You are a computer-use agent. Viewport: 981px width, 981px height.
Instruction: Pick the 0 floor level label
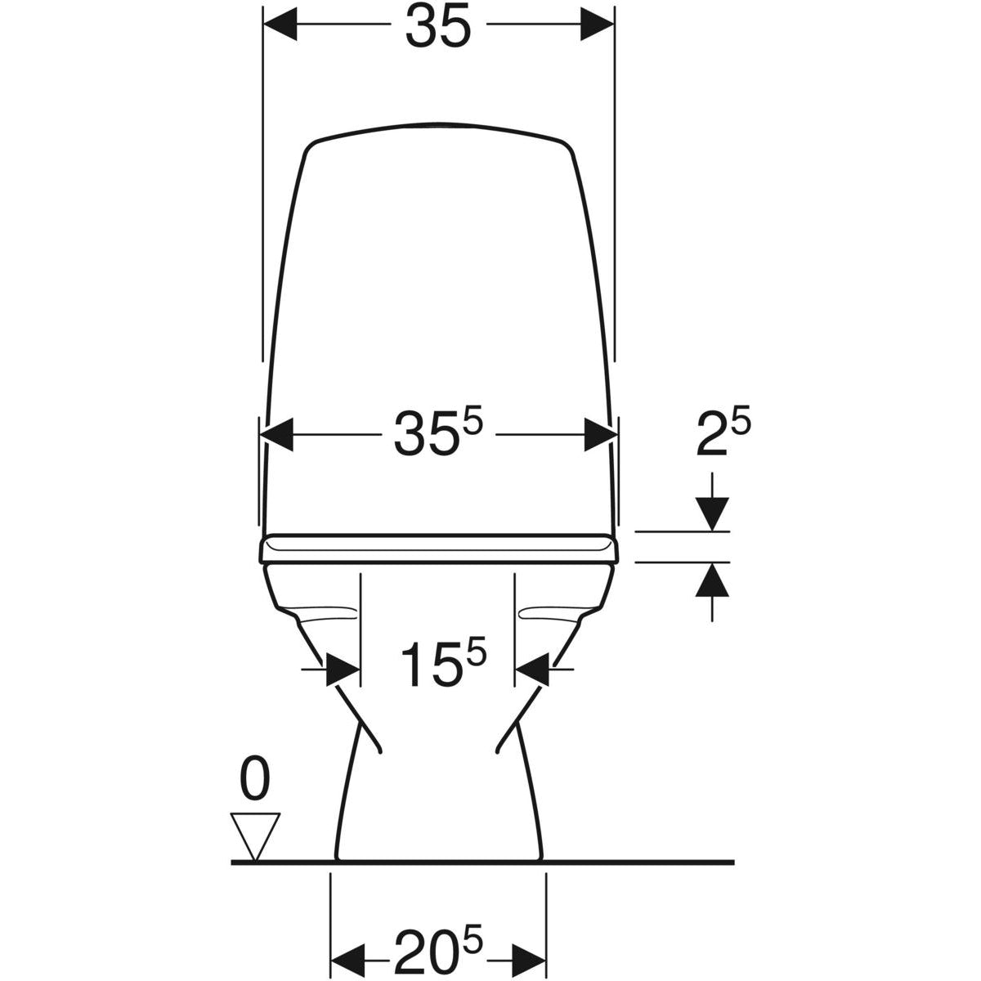coord(254,780)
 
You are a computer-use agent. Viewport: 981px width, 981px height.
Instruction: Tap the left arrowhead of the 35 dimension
coord(280,26)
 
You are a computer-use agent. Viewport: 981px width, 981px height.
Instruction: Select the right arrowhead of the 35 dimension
coord(596,26)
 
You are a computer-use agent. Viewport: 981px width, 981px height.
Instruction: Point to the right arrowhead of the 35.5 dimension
coord(600,434)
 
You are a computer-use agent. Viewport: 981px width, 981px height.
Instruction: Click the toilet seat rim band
coord(441,549)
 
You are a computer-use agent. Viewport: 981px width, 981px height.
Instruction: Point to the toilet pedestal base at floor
coord(439,850)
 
